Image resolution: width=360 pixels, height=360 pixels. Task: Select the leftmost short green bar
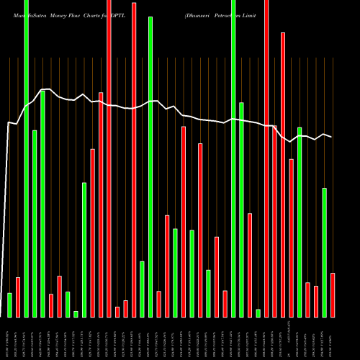click(9, 305)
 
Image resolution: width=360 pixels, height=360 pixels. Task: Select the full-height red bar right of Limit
click(283, 173)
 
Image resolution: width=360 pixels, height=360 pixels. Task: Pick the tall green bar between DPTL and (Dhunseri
click(150, 166)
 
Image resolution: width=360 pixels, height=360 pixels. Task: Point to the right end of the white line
click(332, 137)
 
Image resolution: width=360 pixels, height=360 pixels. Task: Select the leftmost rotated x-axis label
click(9, 338)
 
